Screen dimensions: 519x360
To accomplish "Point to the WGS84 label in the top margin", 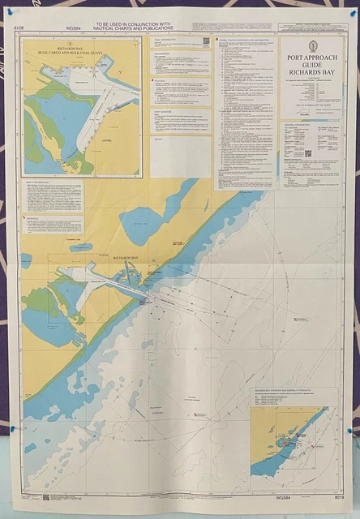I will tap(73, 30).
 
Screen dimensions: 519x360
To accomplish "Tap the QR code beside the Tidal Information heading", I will tap(205, 41).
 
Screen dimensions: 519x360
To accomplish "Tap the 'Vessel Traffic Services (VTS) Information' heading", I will tap(247, 39).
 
